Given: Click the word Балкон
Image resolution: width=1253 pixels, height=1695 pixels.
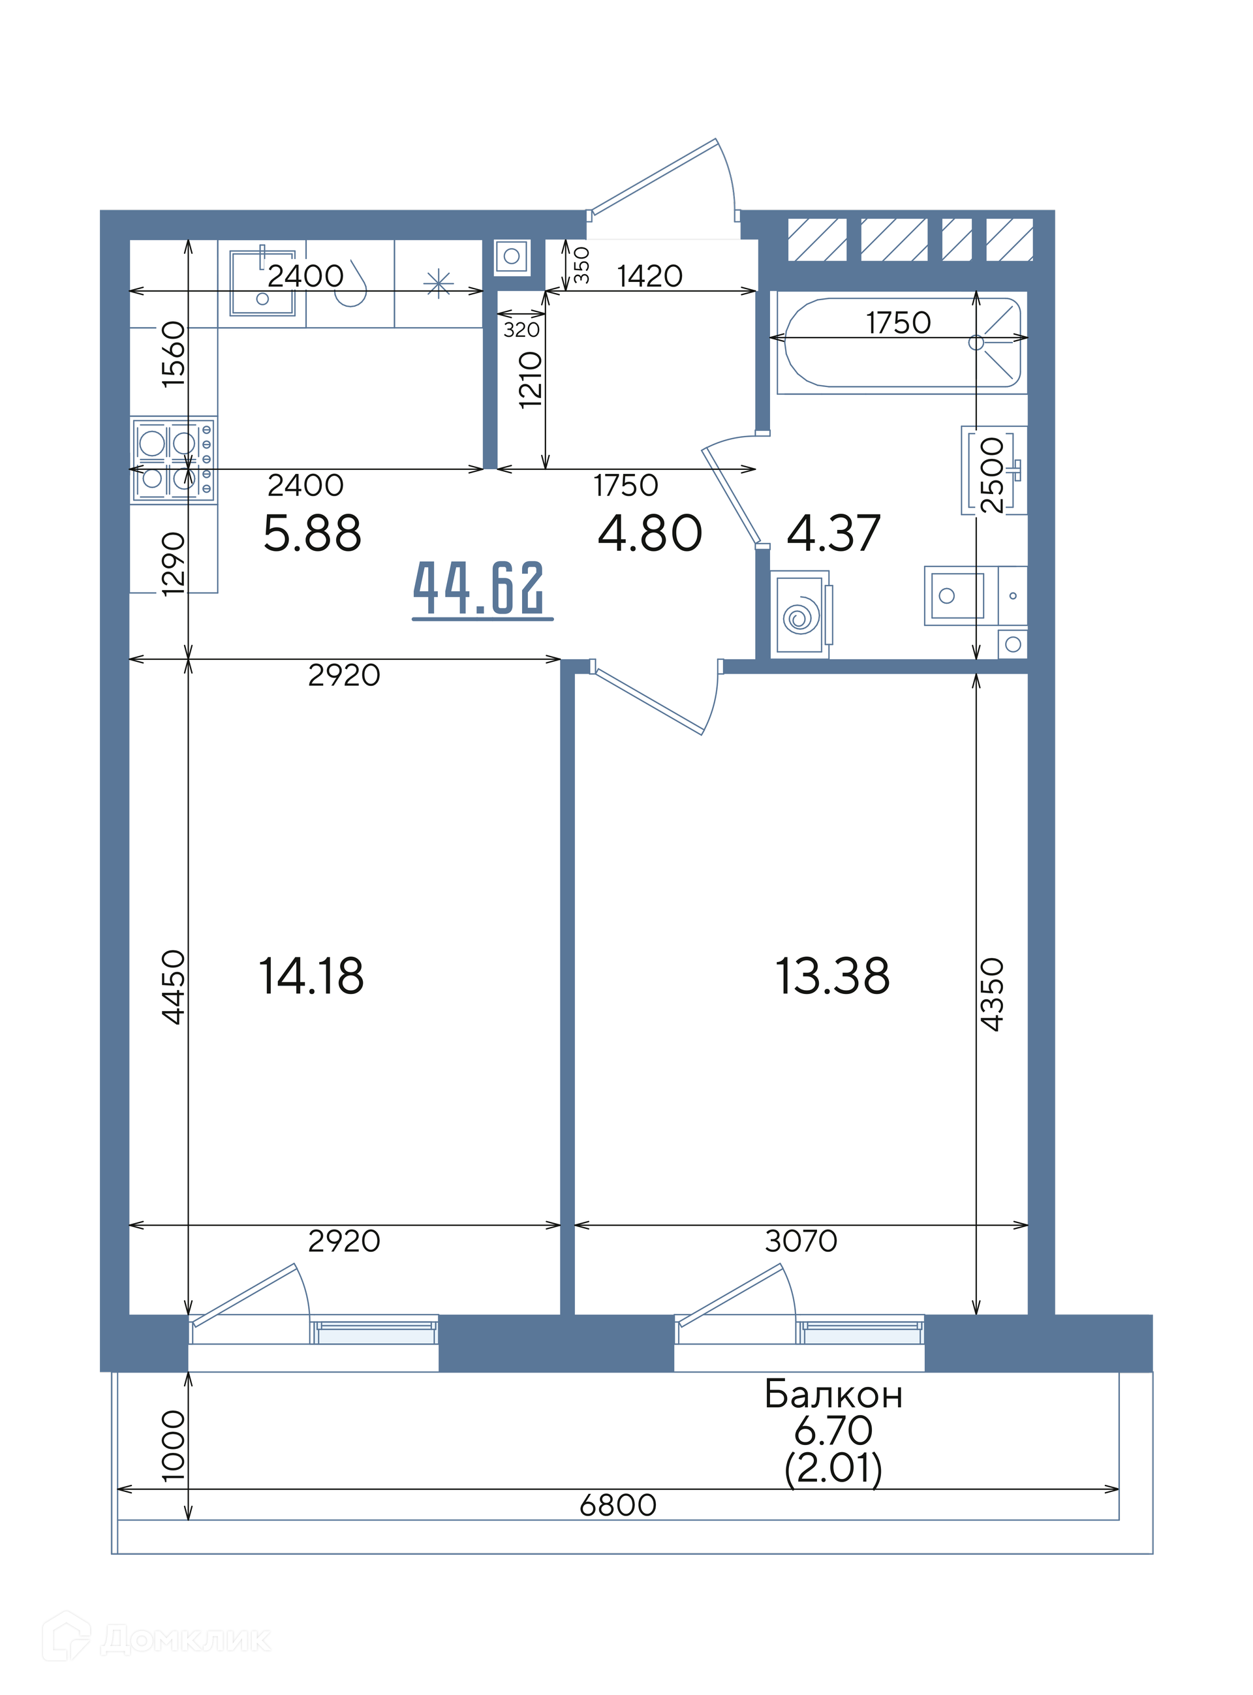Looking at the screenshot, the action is [x=833, y=1394].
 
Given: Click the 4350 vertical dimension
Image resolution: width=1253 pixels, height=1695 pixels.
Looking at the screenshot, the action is [x=993, y=994].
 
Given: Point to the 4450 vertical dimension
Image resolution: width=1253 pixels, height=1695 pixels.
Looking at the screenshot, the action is [x=174, y=987].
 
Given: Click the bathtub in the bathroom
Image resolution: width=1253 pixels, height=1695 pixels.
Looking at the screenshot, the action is [x=903, y=343].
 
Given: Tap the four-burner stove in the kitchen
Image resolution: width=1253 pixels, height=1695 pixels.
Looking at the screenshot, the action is [x=174, y=459].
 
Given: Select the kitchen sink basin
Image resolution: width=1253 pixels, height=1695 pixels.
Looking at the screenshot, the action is [x=262, y=283].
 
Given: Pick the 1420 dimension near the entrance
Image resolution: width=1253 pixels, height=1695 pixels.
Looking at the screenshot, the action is [x=650, y=276].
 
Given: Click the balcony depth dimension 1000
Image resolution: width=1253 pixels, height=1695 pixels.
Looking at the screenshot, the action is [x=174, y=1446].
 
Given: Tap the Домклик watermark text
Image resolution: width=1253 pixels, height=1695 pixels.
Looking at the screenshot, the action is [x=186, y=1640].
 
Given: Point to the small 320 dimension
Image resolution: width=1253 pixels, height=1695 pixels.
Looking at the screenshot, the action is [x=522, y=330].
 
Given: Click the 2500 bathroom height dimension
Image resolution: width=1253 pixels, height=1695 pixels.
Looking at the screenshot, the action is [x=993, y=474].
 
